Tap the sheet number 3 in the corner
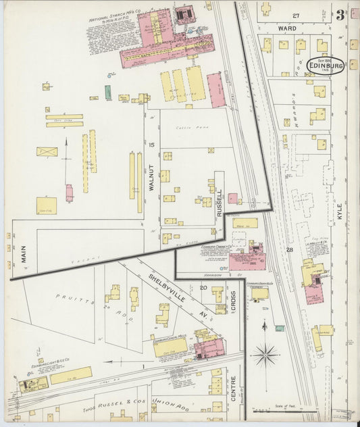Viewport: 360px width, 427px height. pos(340,15)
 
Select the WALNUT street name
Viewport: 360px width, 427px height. pos(152,180)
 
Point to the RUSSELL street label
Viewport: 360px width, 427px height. pos(220,201)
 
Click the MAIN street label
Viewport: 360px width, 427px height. pos(24,253)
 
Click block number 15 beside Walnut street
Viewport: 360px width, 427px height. pos(152,145)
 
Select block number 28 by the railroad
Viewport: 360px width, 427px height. pos(289,251)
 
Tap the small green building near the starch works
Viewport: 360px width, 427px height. pos(108,93)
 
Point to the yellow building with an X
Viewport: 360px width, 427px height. pos(47,152)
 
